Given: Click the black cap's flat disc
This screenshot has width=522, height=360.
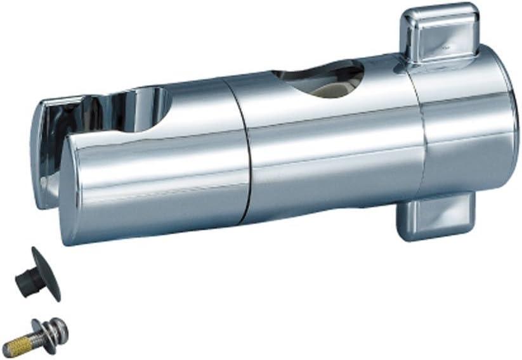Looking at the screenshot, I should (x=46, y=273).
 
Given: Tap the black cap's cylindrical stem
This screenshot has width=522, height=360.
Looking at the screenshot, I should (x=25, y=279).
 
